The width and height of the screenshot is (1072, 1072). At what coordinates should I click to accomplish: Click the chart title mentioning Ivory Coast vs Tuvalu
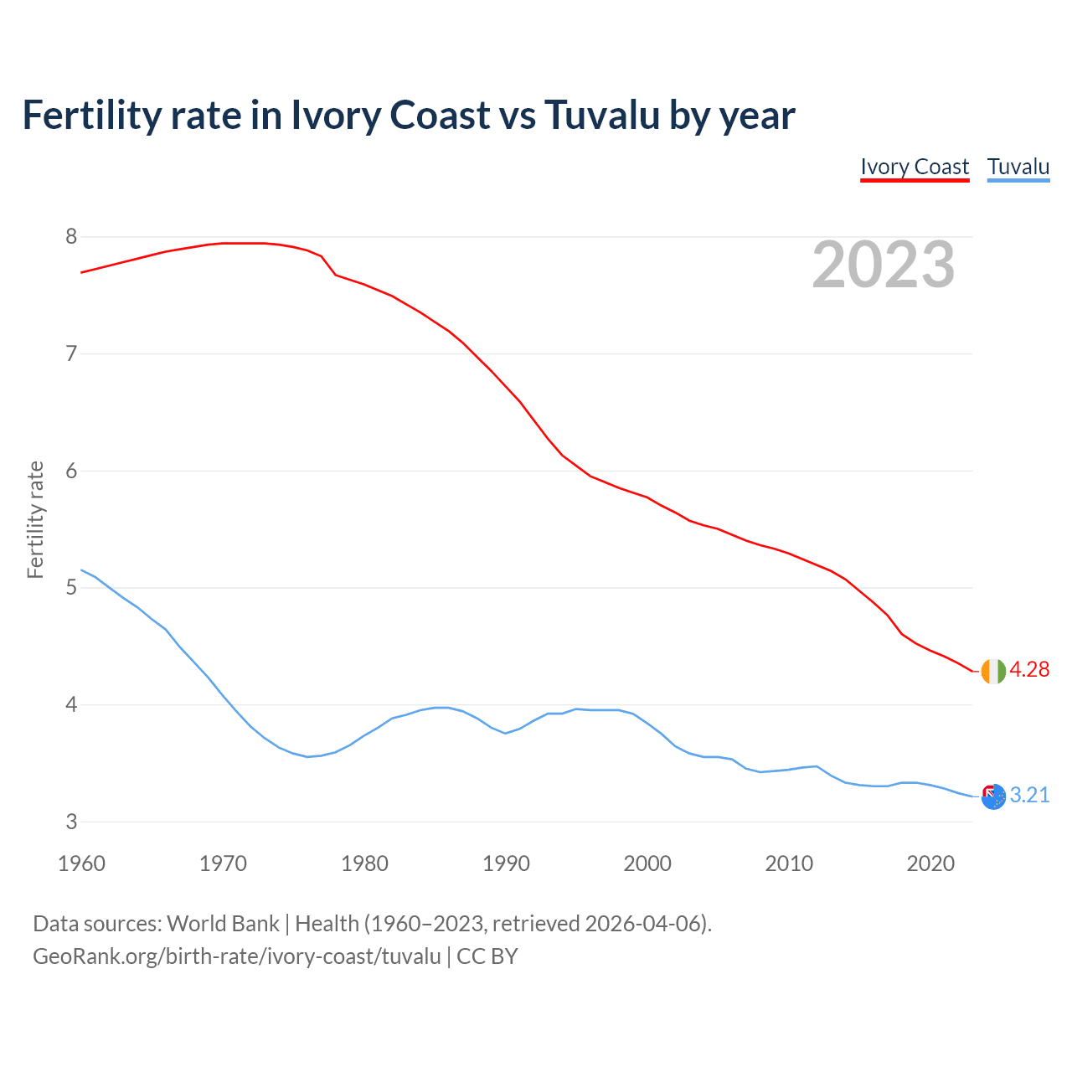(x=408, y=115)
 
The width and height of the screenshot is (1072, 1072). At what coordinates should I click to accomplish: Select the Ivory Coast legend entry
(x=915, y=167)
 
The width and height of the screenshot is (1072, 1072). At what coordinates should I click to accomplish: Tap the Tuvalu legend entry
(x=1018, y=167)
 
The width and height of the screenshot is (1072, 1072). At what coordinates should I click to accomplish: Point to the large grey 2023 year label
(x=883, y=265)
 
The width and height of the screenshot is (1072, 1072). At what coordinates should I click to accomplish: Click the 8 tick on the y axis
(x=71, y=237)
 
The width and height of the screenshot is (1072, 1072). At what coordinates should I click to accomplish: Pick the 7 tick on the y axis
(x=71, y=353)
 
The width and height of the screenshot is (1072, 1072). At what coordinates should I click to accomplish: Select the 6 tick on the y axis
(x=71, y=471)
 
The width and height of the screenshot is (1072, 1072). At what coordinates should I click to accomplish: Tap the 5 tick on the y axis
(x=71, y=588)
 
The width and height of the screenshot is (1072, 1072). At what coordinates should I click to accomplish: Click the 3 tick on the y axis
(x=71, y=822)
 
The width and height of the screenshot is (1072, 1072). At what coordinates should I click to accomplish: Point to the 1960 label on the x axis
(x=81, y=863)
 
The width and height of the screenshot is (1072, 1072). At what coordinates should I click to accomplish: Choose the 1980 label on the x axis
(x=364, y=863)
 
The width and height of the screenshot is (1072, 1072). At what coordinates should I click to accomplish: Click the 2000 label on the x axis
(x=647, y=863)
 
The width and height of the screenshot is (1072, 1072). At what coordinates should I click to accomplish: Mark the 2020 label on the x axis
(x=930, y=863)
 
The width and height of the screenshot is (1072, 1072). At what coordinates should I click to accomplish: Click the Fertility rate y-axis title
(x=35, y=519)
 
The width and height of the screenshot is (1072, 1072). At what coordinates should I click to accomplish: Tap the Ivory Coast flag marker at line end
(x=993, y=671)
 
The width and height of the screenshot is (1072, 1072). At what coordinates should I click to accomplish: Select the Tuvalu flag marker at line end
(x=993, y=796)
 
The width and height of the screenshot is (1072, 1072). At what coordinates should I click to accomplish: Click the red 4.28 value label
(x=1029, y=670)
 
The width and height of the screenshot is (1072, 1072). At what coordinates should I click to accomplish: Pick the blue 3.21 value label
(x=1029, y=796)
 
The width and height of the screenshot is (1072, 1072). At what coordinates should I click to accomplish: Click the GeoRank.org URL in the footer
(x=236, y=956)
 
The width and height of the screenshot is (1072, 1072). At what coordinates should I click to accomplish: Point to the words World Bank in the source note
(x=223, y=924)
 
